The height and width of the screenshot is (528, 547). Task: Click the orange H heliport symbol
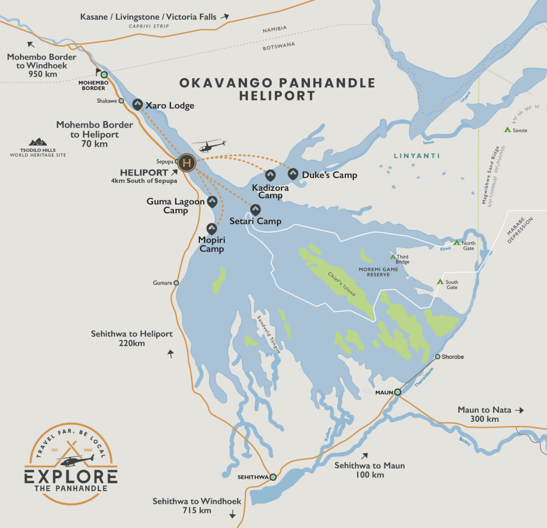[186, 162]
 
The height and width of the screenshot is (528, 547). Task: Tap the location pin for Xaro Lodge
[137, 104]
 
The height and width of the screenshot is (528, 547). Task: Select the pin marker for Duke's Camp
[293, 174]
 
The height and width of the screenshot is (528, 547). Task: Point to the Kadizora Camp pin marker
[270, 175]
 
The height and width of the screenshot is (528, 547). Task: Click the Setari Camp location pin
[255, 210]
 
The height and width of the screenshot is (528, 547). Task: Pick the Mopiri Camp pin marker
[212, 228]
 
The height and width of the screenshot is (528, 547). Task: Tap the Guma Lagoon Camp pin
[212, 201]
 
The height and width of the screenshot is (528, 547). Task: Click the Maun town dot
[397, 392]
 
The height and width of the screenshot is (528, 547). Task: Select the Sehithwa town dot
[273, 477]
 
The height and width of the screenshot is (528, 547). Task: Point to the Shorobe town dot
[438, 357]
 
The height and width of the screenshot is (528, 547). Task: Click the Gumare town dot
[176, 283]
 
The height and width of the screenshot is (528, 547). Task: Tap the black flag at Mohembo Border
[98, 72]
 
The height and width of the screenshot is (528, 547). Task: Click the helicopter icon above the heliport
[209, 146]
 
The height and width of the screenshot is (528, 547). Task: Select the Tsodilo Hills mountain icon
[38, 142]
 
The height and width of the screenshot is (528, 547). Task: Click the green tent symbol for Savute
[507, 130]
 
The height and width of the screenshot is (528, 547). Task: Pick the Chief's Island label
[341, 284]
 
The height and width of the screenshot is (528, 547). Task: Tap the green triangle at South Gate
[440, 282]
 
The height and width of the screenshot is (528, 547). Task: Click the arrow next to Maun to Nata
[519, 410]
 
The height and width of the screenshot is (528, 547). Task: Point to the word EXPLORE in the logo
[71, 477]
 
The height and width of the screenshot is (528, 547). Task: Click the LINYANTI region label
[417, 156]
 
